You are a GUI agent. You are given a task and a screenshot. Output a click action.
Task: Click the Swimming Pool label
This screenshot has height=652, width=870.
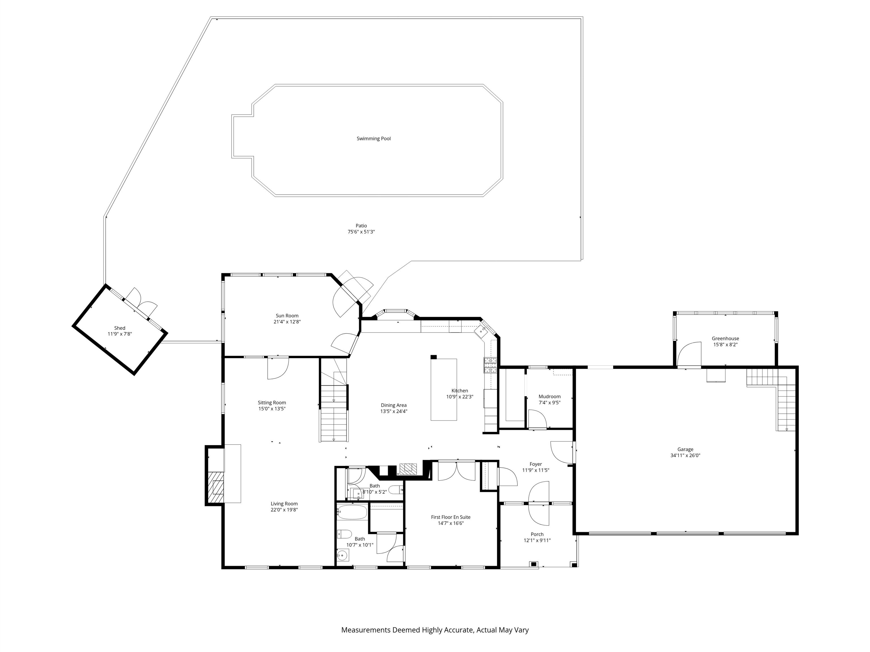point(373,138)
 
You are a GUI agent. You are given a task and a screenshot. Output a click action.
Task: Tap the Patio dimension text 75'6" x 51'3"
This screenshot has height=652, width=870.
point(361,232)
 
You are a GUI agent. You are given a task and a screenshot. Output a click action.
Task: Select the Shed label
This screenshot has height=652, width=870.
point(120,328)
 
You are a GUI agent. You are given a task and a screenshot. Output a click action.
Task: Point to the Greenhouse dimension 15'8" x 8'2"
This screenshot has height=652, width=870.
point(725,345)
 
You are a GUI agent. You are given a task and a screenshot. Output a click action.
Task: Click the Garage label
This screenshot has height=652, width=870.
point(685,449)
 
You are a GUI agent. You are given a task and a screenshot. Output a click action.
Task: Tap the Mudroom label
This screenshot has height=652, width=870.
point(549,396)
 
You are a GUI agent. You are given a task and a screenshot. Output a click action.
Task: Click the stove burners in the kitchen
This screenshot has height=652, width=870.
point(490,365)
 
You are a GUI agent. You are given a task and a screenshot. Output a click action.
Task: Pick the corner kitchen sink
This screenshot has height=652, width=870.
point(481,331)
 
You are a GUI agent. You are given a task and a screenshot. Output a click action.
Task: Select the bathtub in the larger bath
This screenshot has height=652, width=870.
point(352,512)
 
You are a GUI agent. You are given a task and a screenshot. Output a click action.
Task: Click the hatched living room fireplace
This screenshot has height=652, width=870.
point(216,487)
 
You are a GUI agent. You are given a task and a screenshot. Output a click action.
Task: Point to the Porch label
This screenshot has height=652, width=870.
point(537,534)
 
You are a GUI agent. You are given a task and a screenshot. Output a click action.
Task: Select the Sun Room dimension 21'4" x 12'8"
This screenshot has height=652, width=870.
point(287,321)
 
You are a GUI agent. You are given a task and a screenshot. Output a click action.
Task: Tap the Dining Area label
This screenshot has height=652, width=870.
point(393,405)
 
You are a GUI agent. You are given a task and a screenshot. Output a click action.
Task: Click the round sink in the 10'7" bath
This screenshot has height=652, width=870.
point(343,555)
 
